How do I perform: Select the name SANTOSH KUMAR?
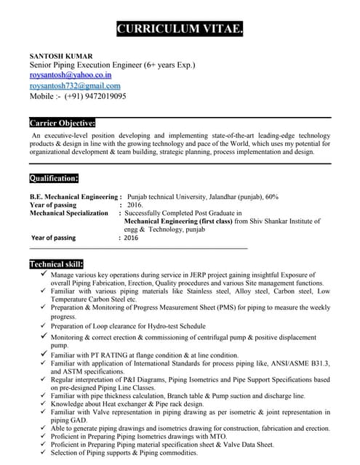coord(60,55)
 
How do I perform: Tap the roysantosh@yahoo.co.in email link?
coord(71,75)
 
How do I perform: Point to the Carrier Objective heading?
coord(63,123)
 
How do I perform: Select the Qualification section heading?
coord(54,178)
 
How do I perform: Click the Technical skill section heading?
coord(56,264)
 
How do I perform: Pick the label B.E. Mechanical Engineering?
coord(74,197)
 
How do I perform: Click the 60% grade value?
coord(271,197)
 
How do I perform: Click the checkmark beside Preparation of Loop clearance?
coord(44,325)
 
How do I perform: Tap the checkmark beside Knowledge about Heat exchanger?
coord(44,403)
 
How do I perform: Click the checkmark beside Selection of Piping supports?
coord(44,452)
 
